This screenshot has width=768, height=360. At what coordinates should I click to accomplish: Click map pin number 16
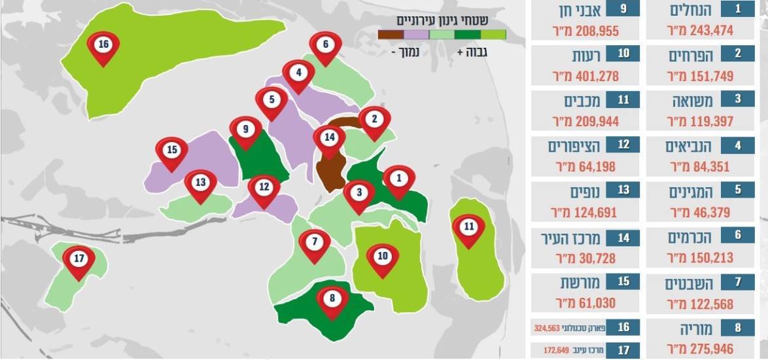pyautogui.click(x=103, y=46)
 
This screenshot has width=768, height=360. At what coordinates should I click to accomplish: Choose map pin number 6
pyautogui.click(x=325, y=46)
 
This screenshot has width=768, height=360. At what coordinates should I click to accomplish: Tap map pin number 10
pyautogui.click(x=383, y=257)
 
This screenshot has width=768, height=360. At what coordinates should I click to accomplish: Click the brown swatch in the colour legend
pyautogui.click(x=391, y=35)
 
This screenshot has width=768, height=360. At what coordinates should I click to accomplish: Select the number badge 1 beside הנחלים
pyautogui.click(x=737, y=9)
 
